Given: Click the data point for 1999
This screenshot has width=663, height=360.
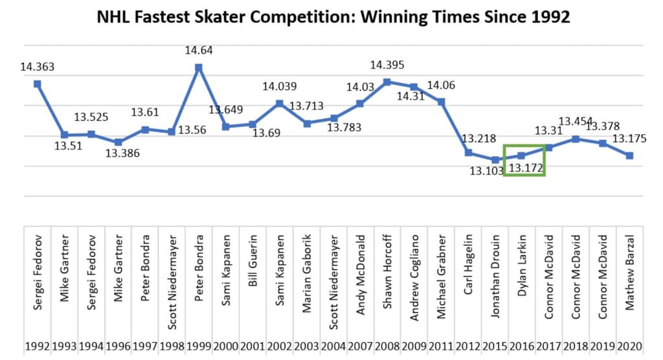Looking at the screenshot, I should click(199, 67).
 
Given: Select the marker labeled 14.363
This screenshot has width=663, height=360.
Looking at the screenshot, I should click(38, 84).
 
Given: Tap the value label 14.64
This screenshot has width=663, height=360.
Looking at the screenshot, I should click(199, 50).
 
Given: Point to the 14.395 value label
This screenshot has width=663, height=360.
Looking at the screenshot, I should click(387, 65).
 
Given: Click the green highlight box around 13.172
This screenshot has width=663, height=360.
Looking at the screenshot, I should click(524, 160).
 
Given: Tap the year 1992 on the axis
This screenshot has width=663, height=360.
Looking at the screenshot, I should click(38, 346).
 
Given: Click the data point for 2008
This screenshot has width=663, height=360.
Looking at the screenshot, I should click(387, 82).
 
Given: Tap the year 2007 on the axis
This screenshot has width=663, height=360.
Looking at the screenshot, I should click(360, 346).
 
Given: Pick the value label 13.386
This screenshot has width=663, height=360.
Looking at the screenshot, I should click(118, 153).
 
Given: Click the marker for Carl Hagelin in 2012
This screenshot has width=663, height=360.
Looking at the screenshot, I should click(468, 153).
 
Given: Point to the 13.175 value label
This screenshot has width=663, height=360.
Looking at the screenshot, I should click(628, 139).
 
